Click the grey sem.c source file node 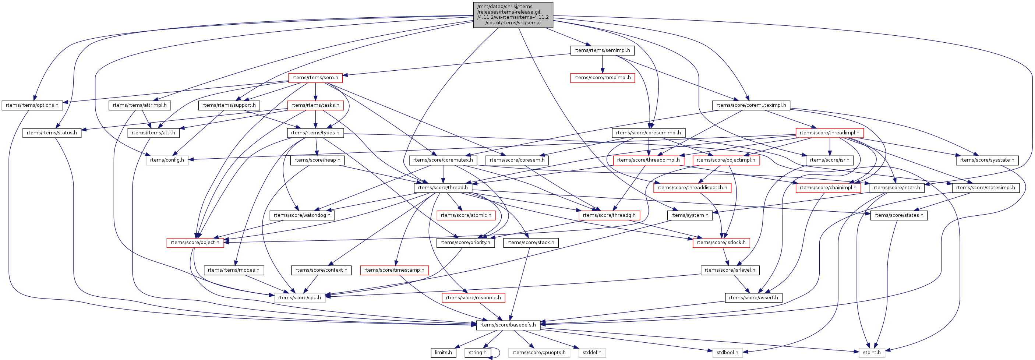pyautogui.click(x=513, y=15)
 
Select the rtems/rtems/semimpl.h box pyautogui.click(x=602, y=50)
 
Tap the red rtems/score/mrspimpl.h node pyautogui.click(x=602, y=78)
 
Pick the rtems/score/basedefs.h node pyautogui.click(x=508, y=325)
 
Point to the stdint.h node pyautogui.click(x=872, y=353)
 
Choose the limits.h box pyautogui.click(x=443, y=353)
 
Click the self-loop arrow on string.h pyautogui.click(x=499, y=353)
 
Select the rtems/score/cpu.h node pyautogui.click(x=299, y=298)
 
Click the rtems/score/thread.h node pyautogui.click(x=443, y=188)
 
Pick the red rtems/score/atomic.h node pyautogui.click(x=466, y=215)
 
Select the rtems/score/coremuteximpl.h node pyautogui.click(x=751, y=105)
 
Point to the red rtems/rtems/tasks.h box pyautogui.click(x=315, y=105)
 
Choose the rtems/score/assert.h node pyautogui.click(x=753, y=298)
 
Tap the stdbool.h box pyautogui.click(x=727, y=353)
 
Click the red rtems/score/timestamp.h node pyautogui.click(x=394, y=270)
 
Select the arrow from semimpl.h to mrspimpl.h pyautogui.click(x=602, y=64)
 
